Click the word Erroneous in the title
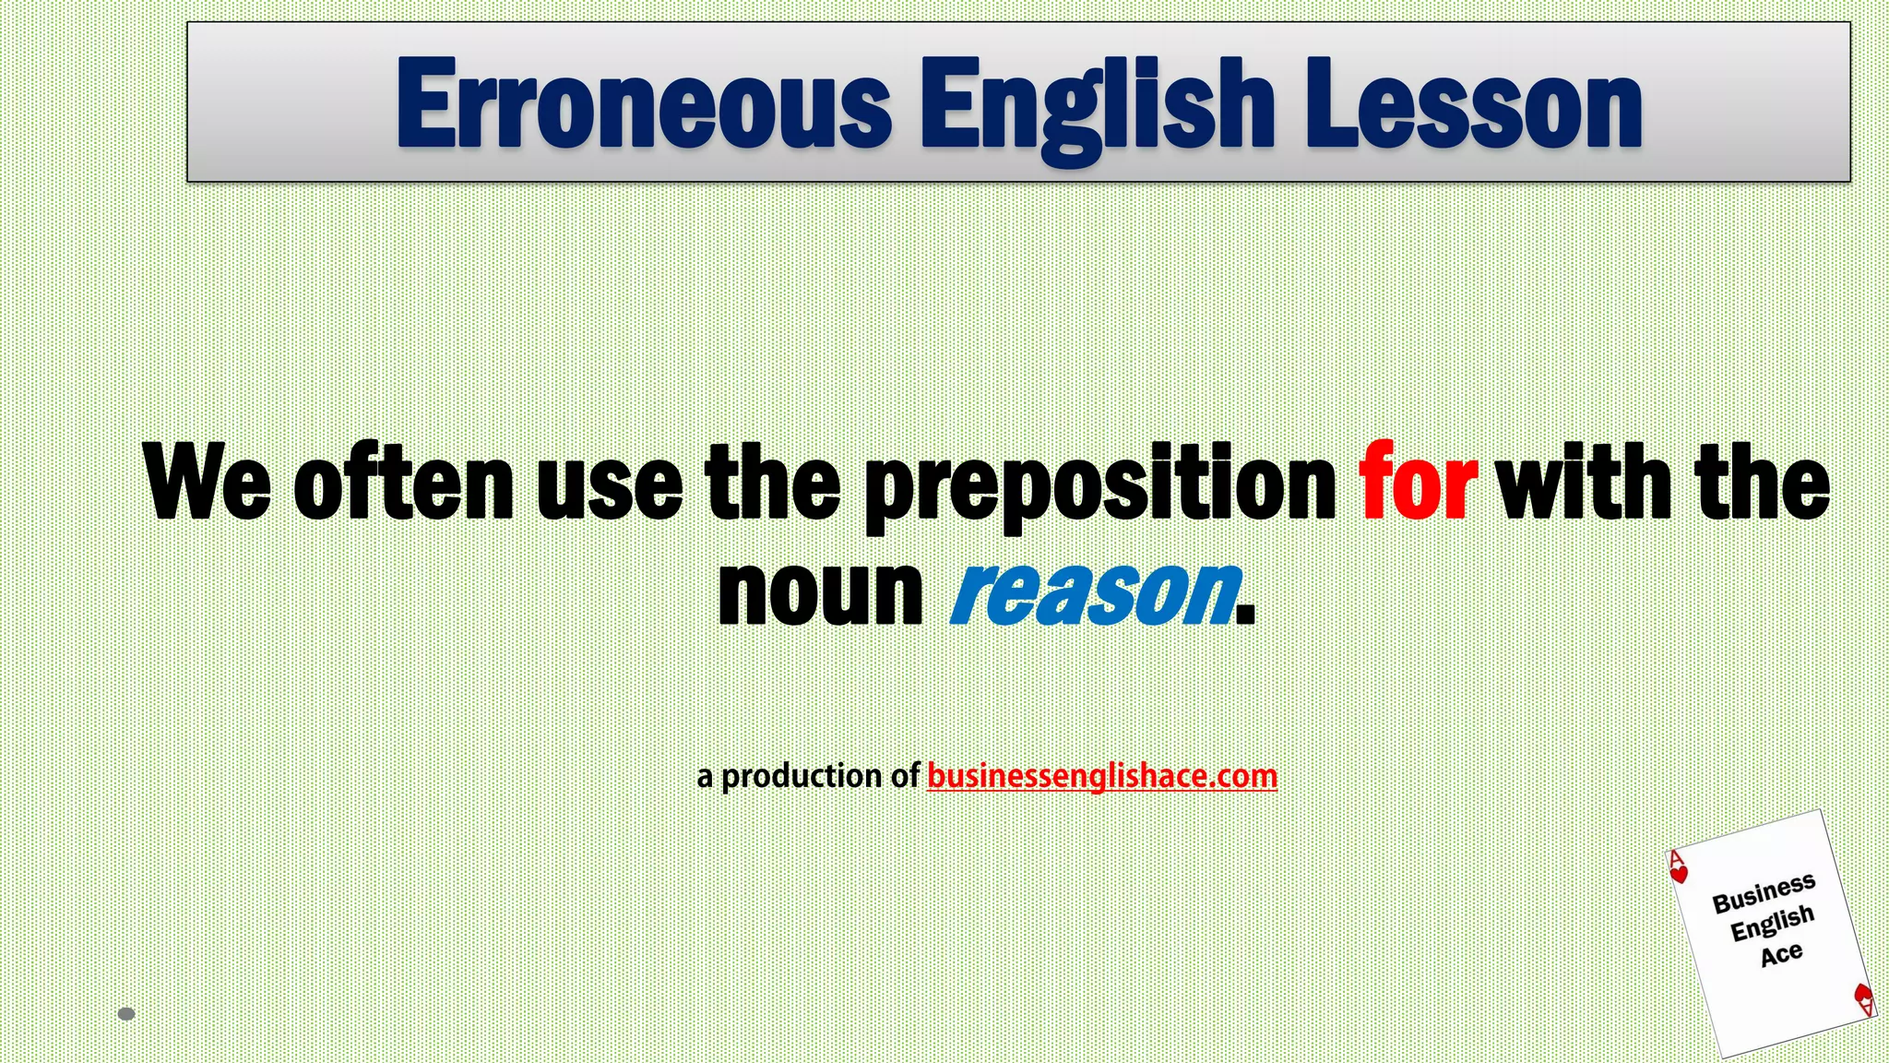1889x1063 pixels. click(x=644, y=103)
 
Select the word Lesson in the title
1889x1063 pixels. click(x=1473, y=103)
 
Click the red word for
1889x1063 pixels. click(x=1417, y=483)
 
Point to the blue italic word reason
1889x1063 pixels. click(x=1094, y=592)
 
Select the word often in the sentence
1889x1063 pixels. click(x=403, y=483)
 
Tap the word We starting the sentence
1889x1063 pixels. click(x=207, y=483)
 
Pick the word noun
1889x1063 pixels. click(x=820, y=592)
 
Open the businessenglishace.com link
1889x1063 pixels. click(x=1101, y=776)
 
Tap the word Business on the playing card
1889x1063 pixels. click(x=1764, y=892)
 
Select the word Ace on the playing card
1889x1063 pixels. click(x=1781, y=954)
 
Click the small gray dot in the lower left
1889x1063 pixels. click(x=127, y=1014)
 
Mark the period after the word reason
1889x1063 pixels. click(x=1245, y=617)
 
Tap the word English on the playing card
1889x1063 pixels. click(x=1772, y=923)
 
